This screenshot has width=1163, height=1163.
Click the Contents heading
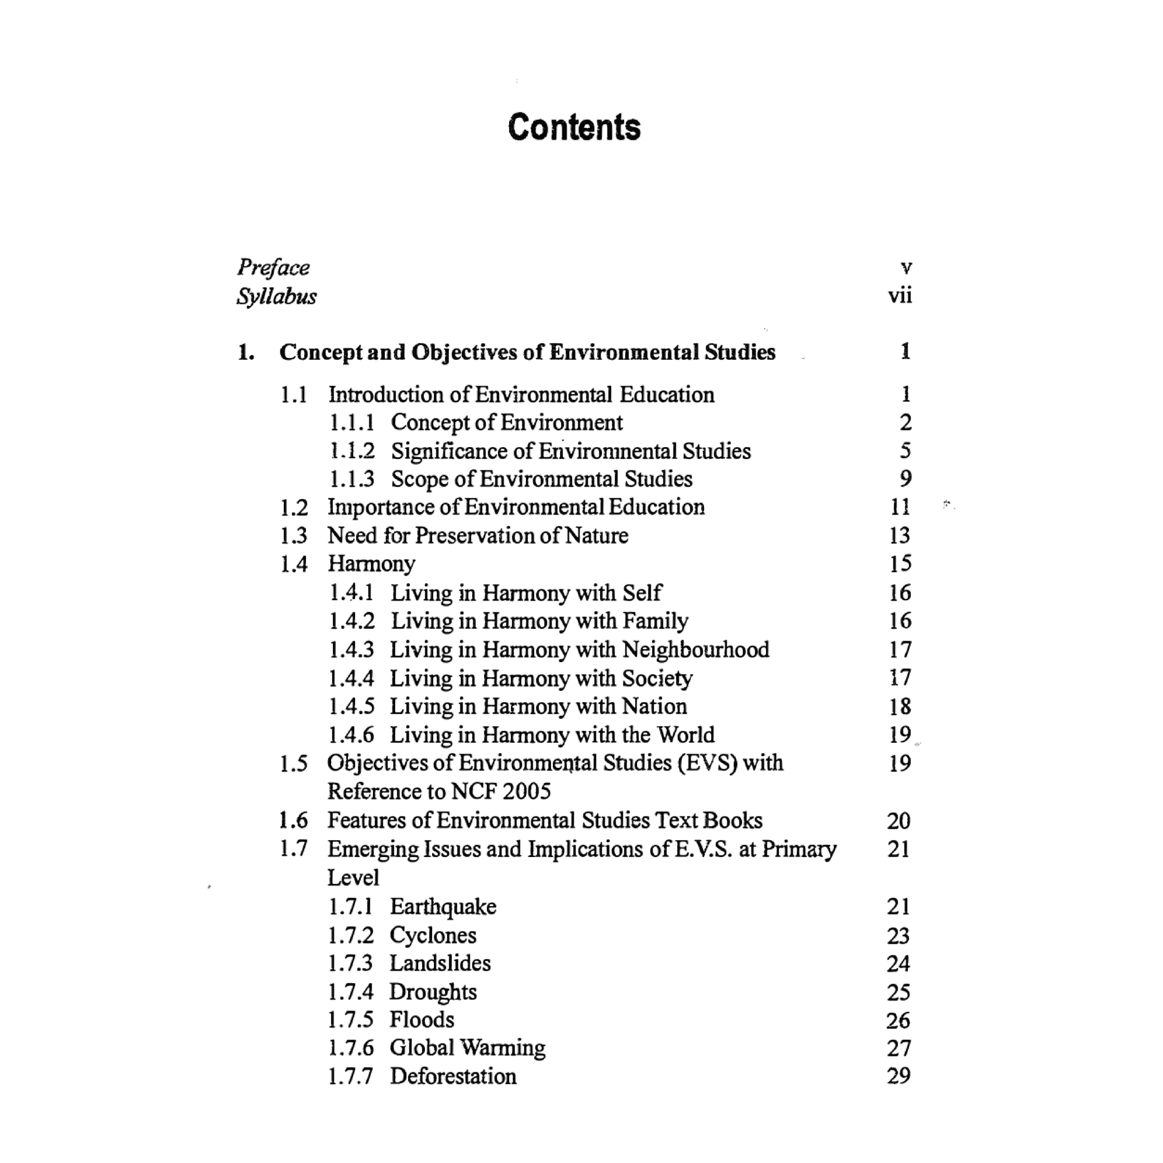(x=574, y=127)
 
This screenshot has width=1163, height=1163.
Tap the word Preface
(x=273, y=267)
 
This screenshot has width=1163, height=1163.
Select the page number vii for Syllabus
(x=899, y=296)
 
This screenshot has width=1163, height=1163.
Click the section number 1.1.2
(x=351, y=451)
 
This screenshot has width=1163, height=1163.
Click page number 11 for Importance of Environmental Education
(x=899, y=507)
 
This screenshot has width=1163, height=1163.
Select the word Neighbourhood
(x=695, y=650)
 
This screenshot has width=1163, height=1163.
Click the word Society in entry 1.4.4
(x=657, y=678)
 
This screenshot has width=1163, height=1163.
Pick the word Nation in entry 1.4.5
(x=654, y=706)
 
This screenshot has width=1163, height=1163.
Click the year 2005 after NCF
(x=526, y=791)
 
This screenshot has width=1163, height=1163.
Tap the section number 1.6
(x=293, y=820)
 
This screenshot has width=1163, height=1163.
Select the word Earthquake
(x=443, y=907)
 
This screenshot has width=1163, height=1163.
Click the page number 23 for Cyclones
(x=898, y=935)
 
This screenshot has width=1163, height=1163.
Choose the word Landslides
(x=440, y=963)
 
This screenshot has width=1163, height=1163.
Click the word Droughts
(x=433, y=992)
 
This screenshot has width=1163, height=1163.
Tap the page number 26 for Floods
(x=898, y=1020)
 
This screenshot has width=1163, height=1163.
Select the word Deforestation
(x=452, y=1076)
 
